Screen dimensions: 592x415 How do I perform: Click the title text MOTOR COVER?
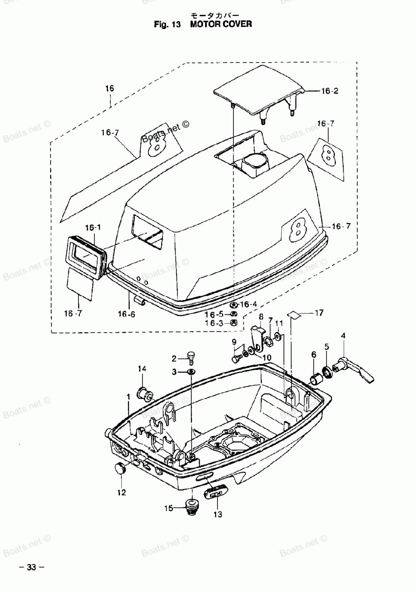pos(221,24)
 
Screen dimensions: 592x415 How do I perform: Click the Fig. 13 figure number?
pos(167,24)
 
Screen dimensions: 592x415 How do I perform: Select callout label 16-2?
pos(330,91)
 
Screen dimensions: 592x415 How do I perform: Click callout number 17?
pos(319,313)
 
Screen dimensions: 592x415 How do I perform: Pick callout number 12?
pos(122,493)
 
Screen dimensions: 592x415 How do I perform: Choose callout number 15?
pos(168,508)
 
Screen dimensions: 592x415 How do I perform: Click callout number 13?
pos(218,515)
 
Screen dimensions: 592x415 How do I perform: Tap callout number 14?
pos(142,368)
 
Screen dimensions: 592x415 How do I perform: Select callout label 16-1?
pos(93,227)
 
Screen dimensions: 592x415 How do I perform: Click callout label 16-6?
pos(127,314)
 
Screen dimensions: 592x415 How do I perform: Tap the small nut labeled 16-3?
pos(234,323)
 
